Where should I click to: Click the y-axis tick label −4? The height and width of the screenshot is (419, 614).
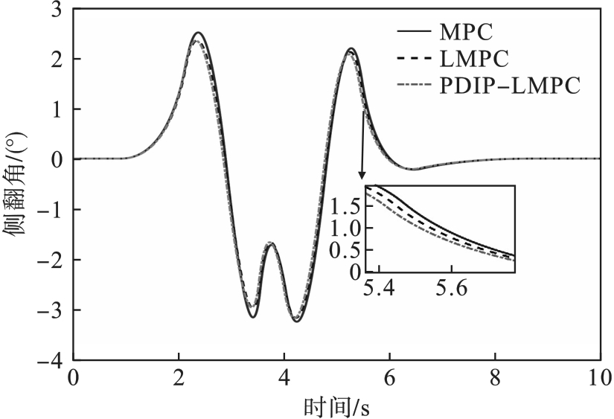[51, 360]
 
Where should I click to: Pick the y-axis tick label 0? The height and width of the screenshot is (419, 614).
[57, 159]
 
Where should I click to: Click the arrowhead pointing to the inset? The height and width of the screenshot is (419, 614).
[362, 176]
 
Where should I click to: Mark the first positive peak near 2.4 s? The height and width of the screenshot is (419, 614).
[197, 33]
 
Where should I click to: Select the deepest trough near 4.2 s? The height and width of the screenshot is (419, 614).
[296, 322]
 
